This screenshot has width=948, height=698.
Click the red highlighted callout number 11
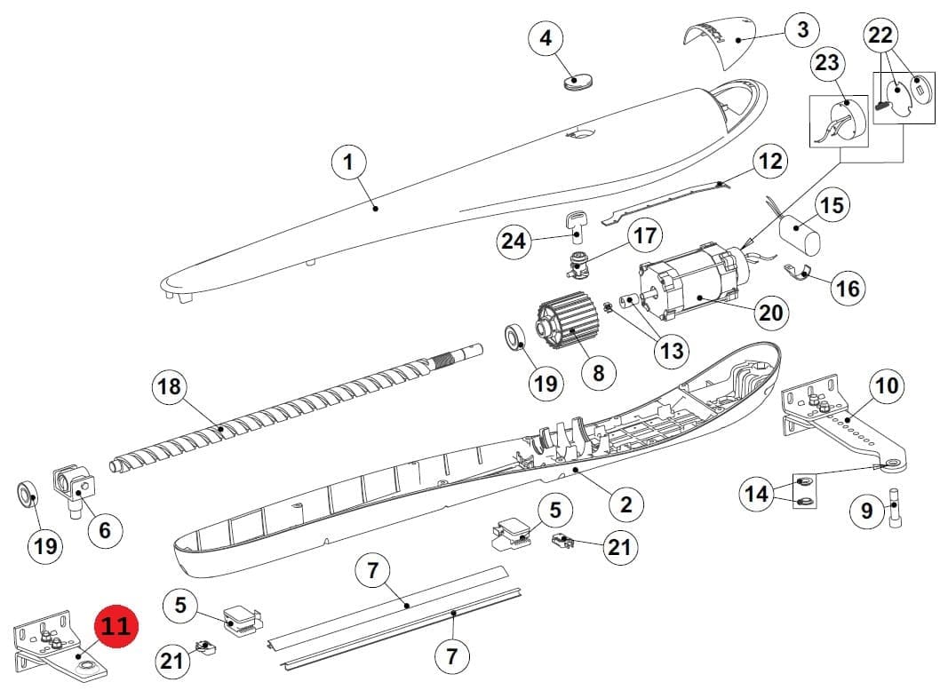coord(116,625)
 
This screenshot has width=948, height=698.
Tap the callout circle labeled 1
coord(349,162)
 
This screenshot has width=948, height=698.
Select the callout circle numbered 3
coord(803,29)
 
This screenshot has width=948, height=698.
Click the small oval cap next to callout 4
coord(578,82)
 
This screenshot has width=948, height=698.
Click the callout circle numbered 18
coord(170,386)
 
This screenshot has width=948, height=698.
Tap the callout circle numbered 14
coord(757,495)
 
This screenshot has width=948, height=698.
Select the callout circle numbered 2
coord(626,504)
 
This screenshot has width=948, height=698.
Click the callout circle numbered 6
coord(105,530)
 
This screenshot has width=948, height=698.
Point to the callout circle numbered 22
coord(880,35)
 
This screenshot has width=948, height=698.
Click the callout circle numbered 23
coord(828,63)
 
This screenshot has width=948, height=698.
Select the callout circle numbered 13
coord(673,351)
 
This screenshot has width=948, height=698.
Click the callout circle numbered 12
coord(770,162)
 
